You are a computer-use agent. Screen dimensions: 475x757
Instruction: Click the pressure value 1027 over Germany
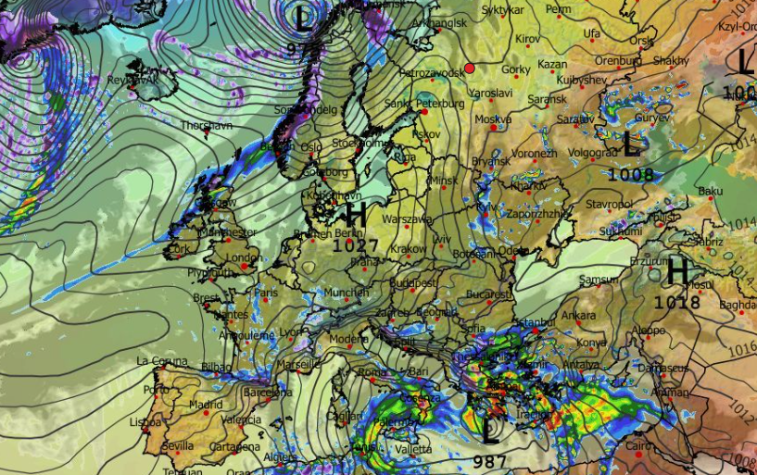pos(355,246)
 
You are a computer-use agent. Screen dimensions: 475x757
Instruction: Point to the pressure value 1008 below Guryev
pos(631,173)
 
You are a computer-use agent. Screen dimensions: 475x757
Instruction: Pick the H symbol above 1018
pos(676,272)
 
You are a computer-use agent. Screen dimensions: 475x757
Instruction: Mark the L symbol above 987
pos(490,430)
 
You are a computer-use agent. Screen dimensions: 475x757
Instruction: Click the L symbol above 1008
pos(632,144)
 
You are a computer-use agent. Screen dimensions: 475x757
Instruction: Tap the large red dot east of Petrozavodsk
pos(470,68)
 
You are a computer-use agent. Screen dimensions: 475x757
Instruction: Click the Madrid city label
pos(206,405)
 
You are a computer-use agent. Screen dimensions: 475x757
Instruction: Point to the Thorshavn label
pos(206,125)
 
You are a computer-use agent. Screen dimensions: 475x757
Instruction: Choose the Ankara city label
pos(578,316)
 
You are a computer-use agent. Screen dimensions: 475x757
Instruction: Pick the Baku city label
pos(710,191)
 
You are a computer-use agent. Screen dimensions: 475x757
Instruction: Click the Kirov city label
pos(527,39)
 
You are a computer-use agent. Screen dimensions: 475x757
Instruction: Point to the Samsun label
pos(598,280)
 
